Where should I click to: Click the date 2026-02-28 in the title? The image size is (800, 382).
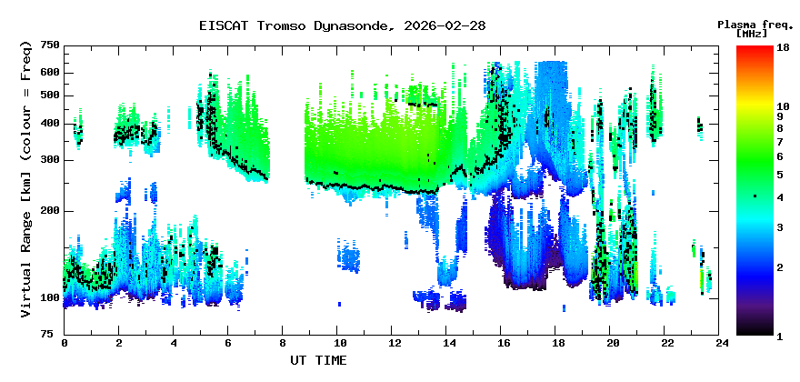pyautogui.click(x=445, y=25)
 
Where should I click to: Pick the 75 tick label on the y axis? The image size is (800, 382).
pyautogui.click(x=54, y=334)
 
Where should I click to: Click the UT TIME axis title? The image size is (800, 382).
pyautogui.click(x=318, y=360)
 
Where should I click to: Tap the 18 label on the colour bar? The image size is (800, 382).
pyautogui.click(x=783, y=47)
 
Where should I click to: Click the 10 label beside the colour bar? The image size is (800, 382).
pyautogui.click(x=783, y=106)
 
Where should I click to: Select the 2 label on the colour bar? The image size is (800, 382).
pyautogui.click(x=780, y=267)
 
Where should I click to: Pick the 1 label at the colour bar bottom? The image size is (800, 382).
pyautogui.click(x=780, y=337)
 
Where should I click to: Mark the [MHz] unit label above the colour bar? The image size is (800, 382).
pyautogui.click(x=752, y=34)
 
